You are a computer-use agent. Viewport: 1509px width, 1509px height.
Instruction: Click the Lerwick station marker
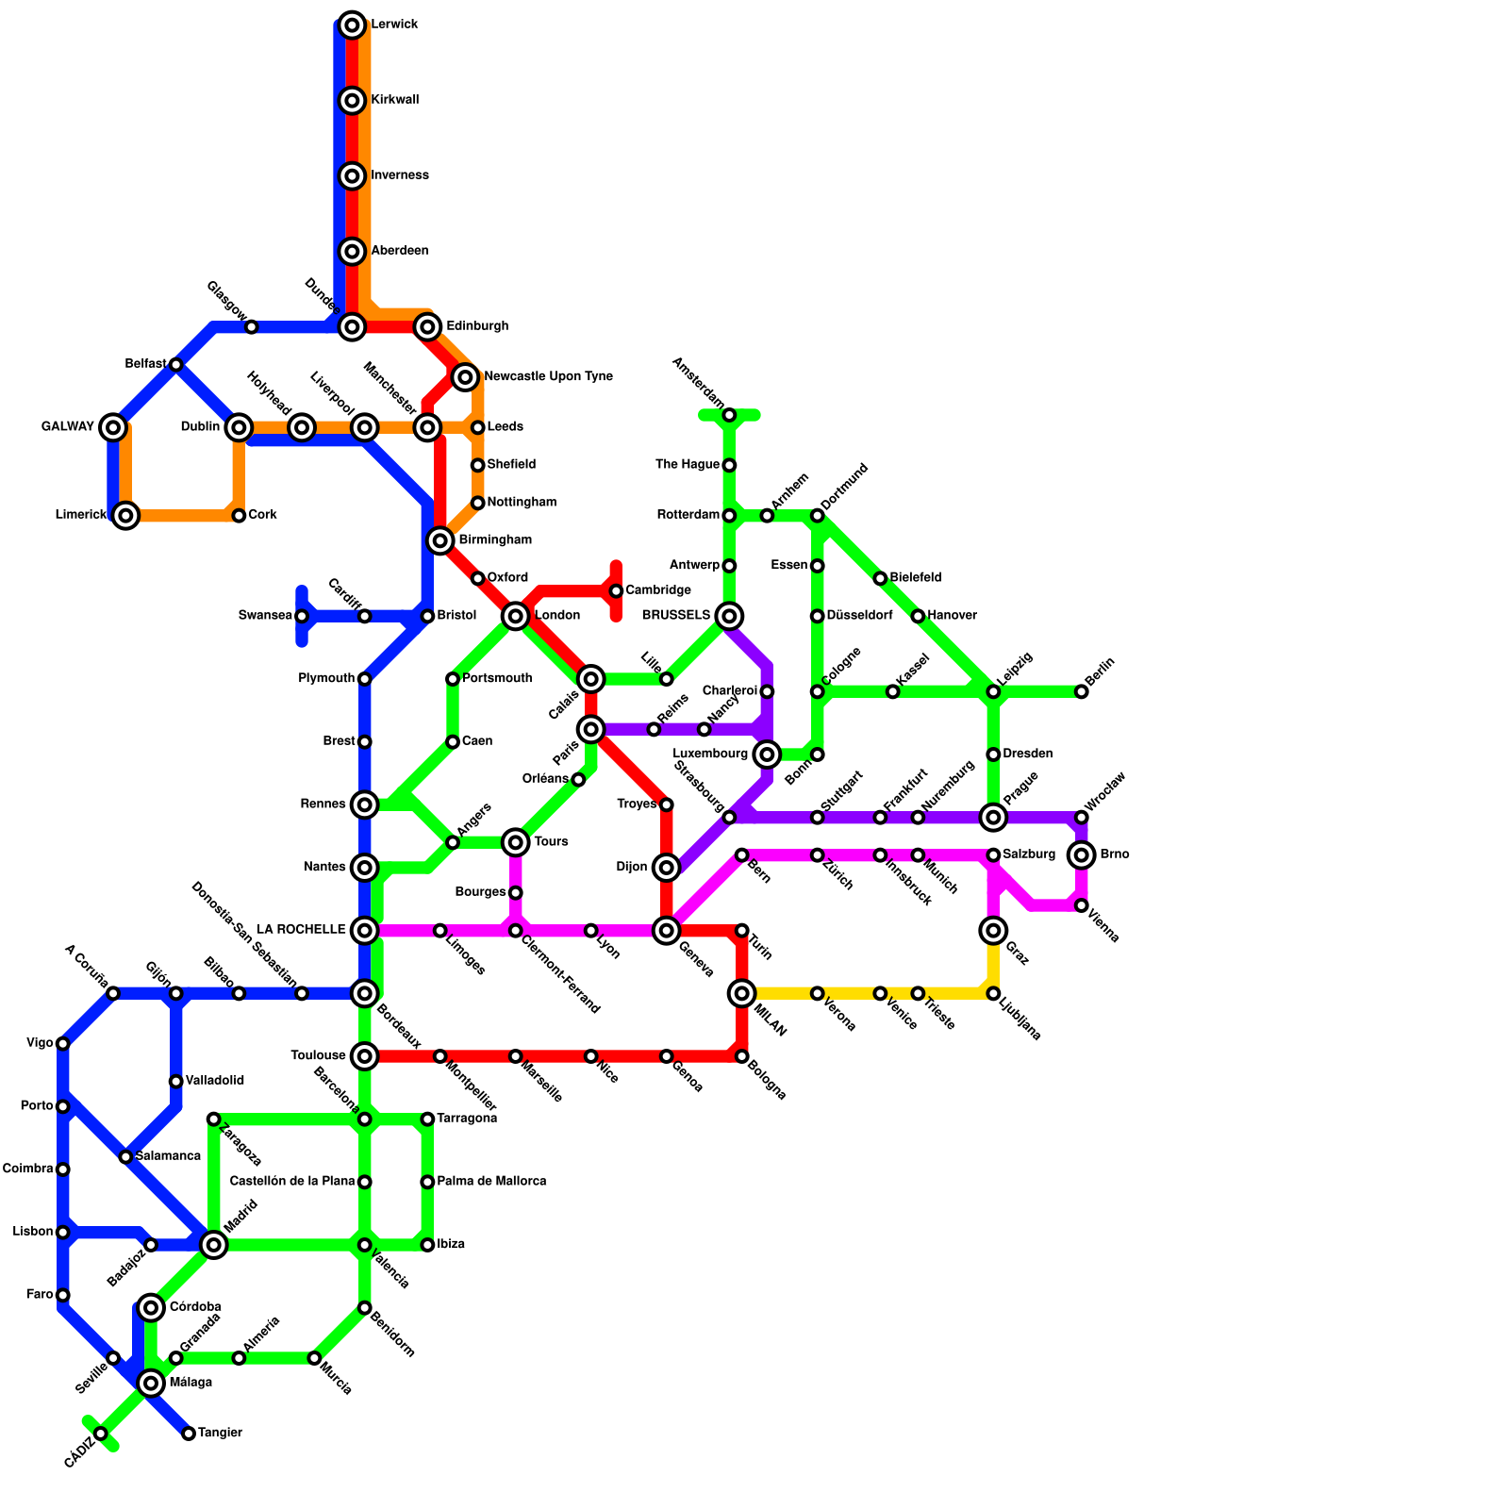[352, 25]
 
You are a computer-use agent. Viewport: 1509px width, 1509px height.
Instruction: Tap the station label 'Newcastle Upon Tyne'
[548, 377]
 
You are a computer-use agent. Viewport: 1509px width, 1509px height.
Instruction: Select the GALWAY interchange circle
[113, 427]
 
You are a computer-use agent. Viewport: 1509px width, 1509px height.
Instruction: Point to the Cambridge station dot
[616, 591]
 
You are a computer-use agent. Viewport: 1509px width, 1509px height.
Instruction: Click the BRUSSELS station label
[675, 616]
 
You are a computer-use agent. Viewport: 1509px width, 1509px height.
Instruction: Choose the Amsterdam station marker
[729, 415]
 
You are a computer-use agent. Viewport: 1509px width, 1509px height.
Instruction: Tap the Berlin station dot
[1082, 692]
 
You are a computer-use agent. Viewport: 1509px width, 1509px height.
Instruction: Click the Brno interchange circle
[1082, 855]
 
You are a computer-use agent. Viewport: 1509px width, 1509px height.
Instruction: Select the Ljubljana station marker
[993, 994]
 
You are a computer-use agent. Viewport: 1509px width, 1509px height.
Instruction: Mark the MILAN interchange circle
[742, 993]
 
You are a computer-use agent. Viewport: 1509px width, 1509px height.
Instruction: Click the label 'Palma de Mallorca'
[491, 1182]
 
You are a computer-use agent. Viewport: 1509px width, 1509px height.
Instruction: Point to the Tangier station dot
[189, 1434]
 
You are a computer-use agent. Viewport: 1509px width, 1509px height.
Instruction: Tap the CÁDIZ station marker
[101, 1434]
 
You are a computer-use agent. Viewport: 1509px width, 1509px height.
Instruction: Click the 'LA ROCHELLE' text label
[301, 930]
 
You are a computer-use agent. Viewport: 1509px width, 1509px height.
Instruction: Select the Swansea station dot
[302, 617]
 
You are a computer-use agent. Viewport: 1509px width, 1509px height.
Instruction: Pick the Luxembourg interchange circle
[767, 754]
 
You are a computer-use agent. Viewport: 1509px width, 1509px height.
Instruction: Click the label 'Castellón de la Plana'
[292, 1182]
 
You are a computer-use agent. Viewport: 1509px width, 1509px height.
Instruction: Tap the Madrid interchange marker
[214, 1245]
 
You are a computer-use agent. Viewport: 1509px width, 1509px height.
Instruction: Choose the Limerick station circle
[125, 515]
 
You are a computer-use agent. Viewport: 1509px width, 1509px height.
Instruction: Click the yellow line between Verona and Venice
[849, 993]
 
